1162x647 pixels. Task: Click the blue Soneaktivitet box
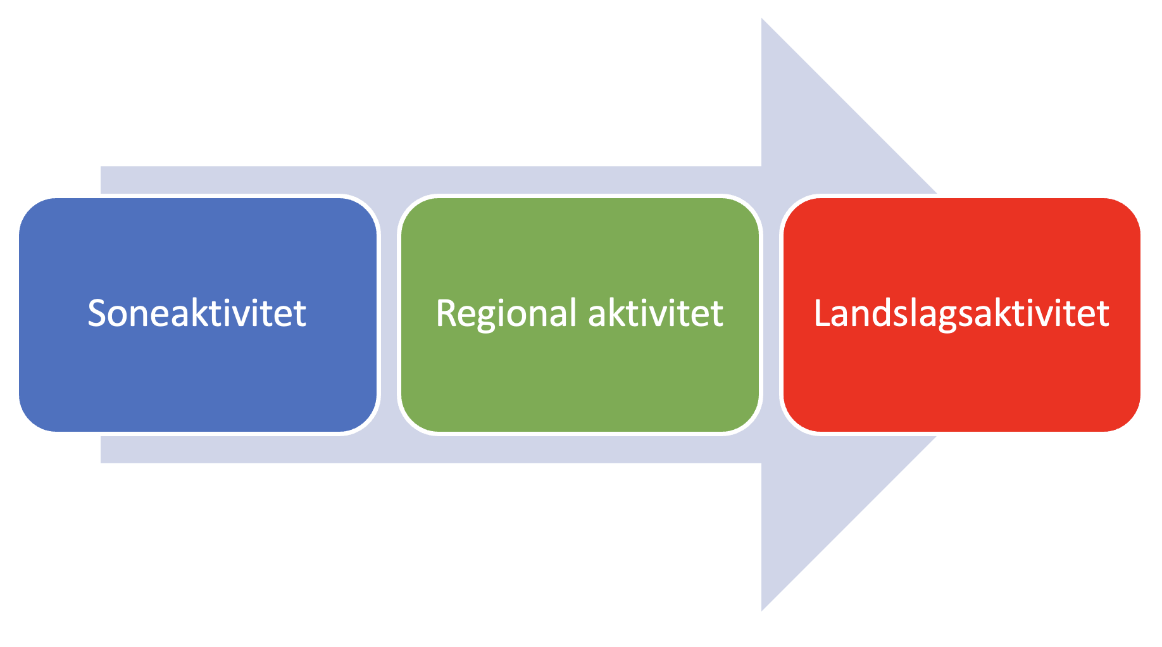(197, 374)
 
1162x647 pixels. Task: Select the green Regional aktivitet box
(580, 374)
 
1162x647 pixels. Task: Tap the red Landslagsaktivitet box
(961, 374)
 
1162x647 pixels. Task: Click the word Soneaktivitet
(197, 313)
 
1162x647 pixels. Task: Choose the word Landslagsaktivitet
(961, 313)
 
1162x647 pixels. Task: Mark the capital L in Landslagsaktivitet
(822, 313)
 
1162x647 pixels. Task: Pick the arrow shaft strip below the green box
(580, 449)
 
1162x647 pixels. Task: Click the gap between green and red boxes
(771, 315)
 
